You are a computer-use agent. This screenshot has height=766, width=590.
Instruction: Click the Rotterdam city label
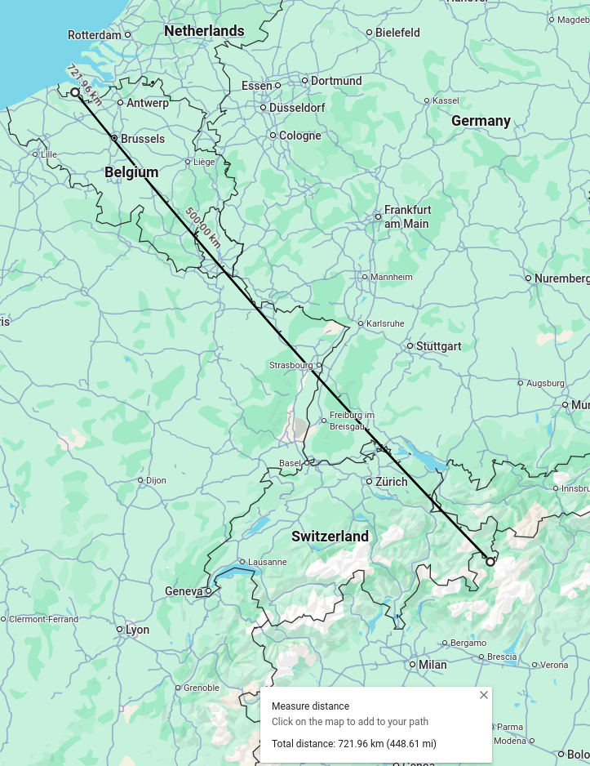[x=95, y=35]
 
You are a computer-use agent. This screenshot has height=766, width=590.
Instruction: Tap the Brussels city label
[x=142, y=139]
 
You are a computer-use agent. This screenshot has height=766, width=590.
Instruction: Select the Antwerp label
[x=147, y=103]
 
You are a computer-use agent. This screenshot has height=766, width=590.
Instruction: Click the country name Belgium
[x=131, y=172]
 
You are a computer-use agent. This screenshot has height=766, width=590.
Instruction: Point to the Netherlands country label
[x=204, y=31]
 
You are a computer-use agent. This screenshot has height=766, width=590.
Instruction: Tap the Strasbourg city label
[x=291, y=365]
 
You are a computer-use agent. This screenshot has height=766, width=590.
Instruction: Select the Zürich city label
[x=392, y=482]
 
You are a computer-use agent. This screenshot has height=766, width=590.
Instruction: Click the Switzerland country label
[x=330, y=537]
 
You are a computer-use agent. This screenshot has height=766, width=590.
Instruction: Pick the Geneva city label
[x=184, y=591]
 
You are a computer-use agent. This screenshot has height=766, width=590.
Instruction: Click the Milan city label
[x=433, y=665]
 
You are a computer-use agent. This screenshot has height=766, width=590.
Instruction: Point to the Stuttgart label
[x=438, y=346]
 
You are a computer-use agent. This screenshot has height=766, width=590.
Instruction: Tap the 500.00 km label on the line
[x=202, y=227]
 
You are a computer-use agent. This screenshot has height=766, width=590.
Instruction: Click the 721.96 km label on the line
[x=84, y=84]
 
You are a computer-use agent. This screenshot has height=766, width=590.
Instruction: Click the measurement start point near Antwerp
[x=75, y=93]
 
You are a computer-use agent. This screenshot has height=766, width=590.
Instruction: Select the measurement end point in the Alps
[x=490, y=561]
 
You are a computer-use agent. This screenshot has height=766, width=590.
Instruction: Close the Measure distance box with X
[x=484, y=695]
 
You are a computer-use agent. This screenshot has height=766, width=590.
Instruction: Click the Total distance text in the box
[x=354, y=744]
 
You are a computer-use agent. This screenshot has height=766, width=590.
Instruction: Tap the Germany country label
[x=481, y=121]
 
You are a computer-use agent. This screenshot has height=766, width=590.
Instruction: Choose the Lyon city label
[x=137, y=630]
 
